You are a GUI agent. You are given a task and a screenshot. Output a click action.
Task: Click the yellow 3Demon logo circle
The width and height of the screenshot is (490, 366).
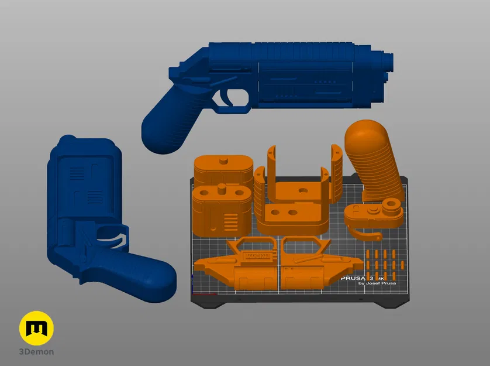pyautogui.click(x=36, y=328)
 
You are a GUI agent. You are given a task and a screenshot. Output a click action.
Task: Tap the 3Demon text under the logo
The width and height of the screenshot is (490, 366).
pyautogui.click(x=36, y=351)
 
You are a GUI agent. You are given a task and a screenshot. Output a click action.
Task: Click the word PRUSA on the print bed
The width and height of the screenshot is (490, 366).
pyautogui.click(x=353, y=279)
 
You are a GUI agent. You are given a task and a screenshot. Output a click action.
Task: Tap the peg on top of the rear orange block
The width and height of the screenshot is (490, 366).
pyautogui.click(x=223, y=160)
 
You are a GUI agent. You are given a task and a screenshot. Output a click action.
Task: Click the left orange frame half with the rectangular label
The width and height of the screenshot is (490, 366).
pyautogui.click(x=237, y=266)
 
